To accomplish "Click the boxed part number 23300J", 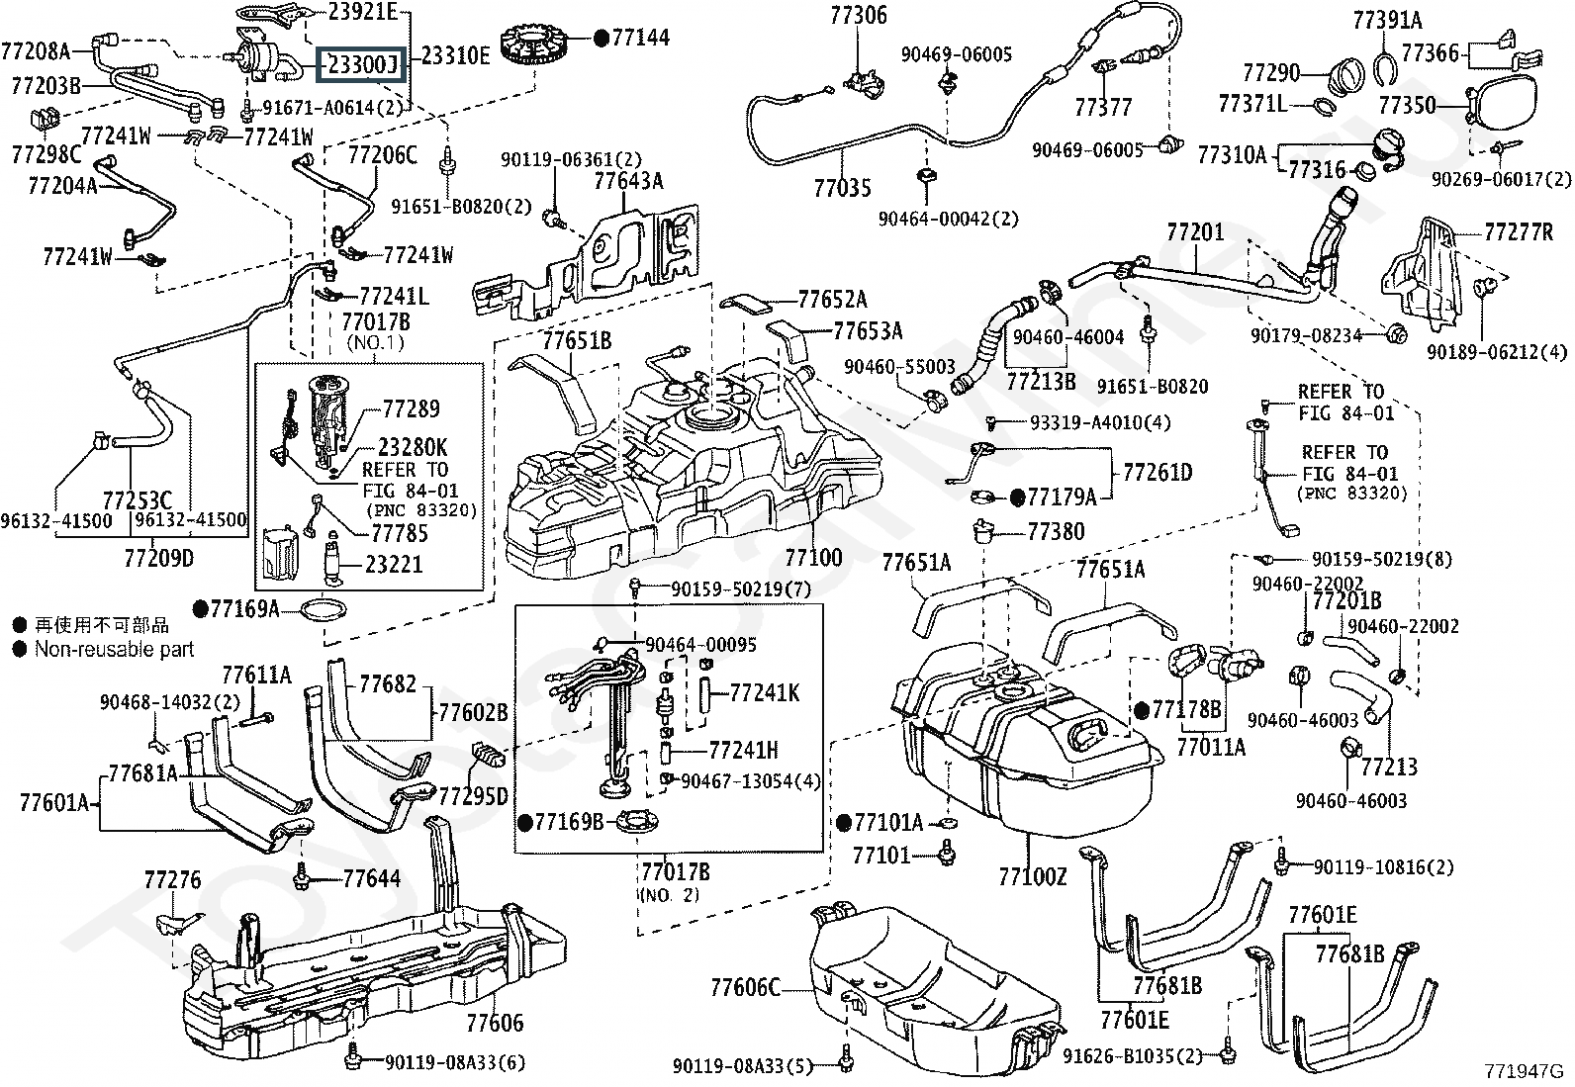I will pos(361,65).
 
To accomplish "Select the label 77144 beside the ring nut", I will pos(640,39).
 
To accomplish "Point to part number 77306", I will pos(858,16).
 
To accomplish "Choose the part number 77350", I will pos(1408,105).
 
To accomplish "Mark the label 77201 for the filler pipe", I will pos(1195,233).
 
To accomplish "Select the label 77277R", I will pos(1519,233).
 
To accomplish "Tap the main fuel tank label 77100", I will pos(813,557).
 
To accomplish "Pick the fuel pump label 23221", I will pos(394,565).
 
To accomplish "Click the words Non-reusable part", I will pos(114,650).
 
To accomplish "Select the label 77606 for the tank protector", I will pos(495,1023).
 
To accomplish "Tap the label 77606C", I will pos(745,987).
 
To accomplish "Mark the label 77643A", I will pos(628,181).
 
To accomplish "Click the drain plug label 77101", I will pos(881,854).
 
